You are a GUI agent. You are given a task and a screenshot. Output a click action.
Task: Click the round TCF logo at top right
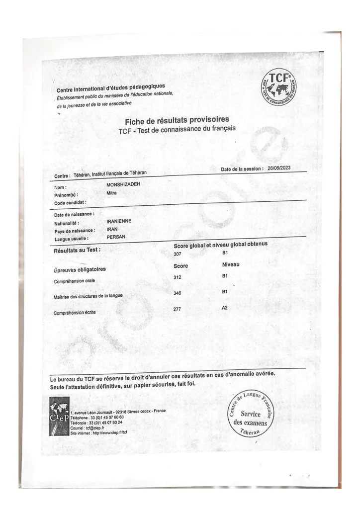[x=278, y=86]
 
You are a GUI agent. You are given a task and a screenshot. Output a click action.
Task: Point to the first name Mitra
[x=111, y=193]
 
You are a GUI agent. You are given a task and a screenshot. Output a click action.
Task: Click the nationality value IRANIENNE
[x=119, y=220]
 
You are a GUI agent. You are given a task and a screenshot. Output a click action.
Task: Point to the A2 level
[x=225, y=308]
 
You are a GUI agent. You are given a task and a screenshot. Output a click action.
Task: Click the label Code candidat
[x=70, y=203]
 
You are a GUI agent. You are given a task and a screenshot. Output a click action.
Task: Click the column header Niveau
[x=231, y=265]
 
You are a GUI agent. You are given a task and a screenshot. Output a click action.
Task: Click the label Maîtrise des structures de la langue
[x=88, y=297]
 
